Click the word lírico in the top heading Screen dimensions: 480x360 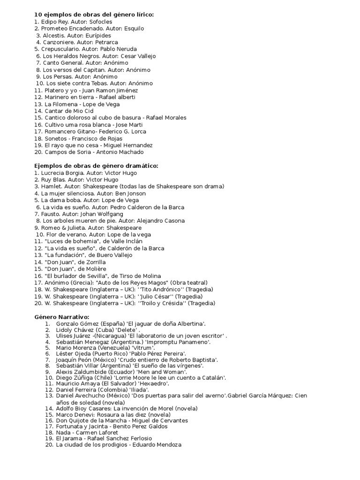click(143, 15)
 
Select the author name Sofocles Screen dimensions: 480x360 click(99, 22)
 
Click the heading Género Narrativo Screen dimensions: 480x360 click(61, 317)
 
